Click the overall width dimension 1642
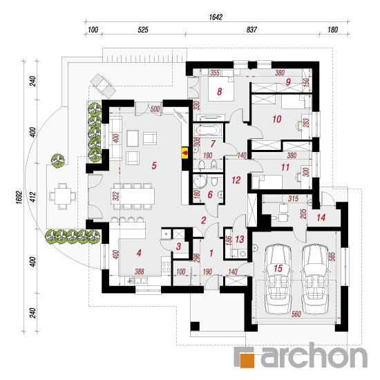[216, 17]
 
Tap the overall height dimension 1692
[19, 198]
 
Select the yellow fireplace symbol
[185, 153]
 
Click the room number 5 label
[154, 166]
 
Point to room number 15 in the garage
[278, 268]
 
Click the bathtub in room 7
[209, 131]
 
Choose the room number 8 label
[219, 92]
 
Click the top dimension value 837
[251, 30]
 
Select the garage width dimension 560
[296, 314]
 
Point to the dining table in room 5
[133, 196]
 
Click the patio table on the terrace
[62, 196]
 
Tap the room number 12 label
[236, 180]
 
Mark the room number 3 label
[179, 247]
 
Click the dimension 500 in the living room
[155, 109]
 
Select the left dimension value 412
[32, 197]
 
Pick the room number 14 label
[321, 218]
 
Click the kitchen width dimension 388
[140, 272]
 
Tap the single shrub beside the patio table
[57, 161]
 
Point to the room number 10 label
[277, 119]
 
